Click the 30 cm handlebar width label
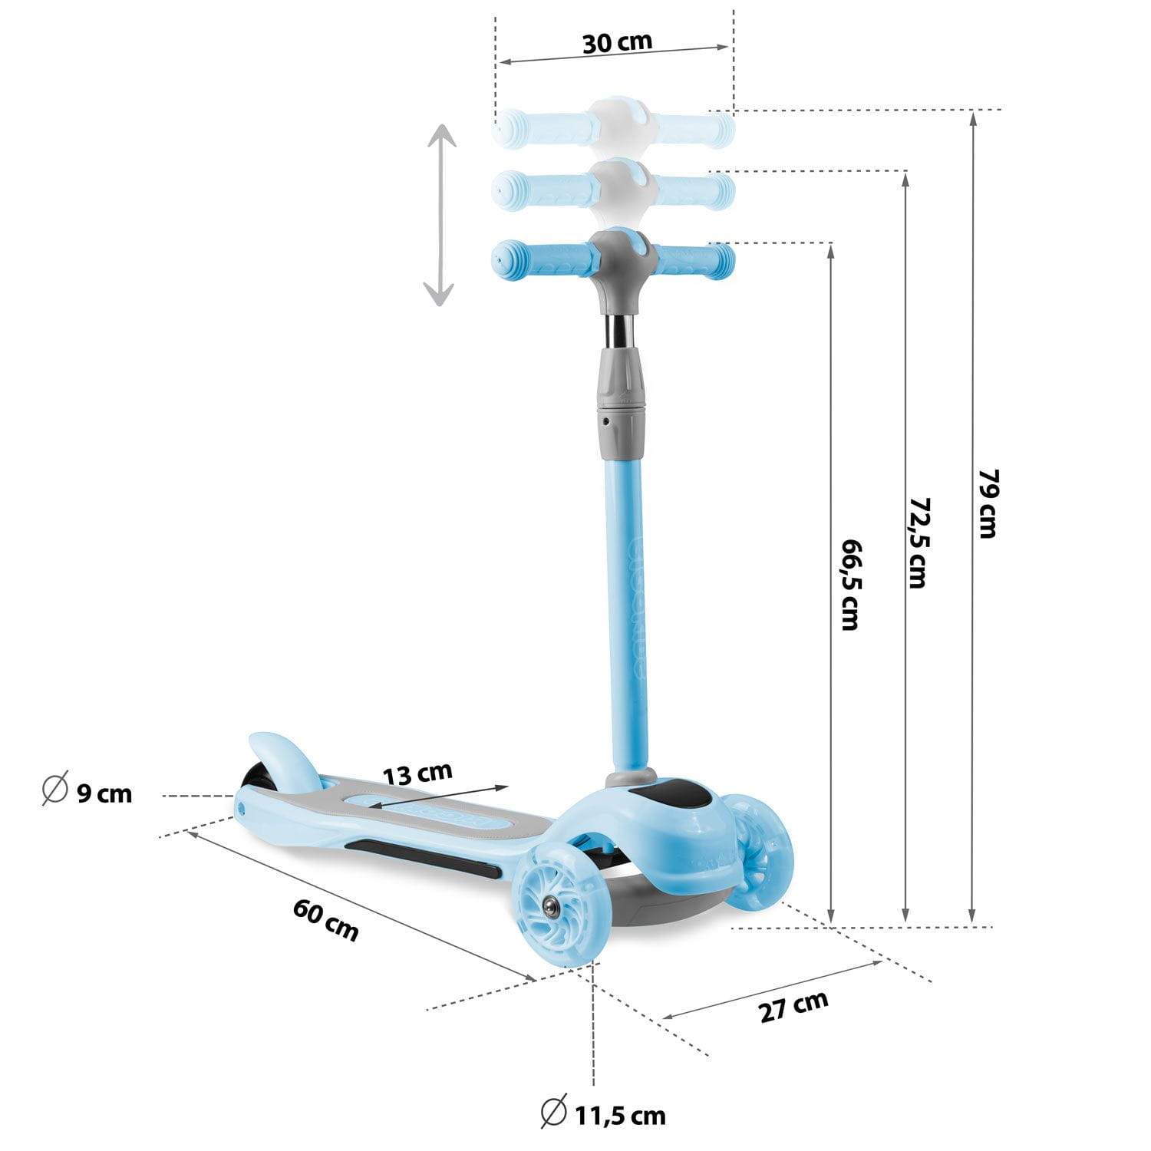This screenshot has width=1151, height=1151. (617, 41)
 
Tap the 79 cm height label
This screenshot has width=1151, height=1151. (988, 503)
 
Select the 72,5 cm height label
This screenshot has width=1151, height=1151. (917, 543)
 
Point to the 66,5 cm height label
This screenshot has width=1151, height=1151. (850, 584)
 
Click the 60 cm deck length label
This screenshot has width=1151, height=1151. (326, 919)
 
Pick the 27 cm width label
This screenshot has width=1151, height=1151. (794, 1007)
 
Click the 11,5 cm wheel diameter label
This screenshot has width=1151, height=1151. (620, 1115)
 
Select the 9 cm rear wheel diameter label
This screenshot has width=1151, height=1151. (104, 793)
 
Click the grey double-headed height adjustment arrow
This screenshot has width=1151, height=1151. (440, 215)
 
